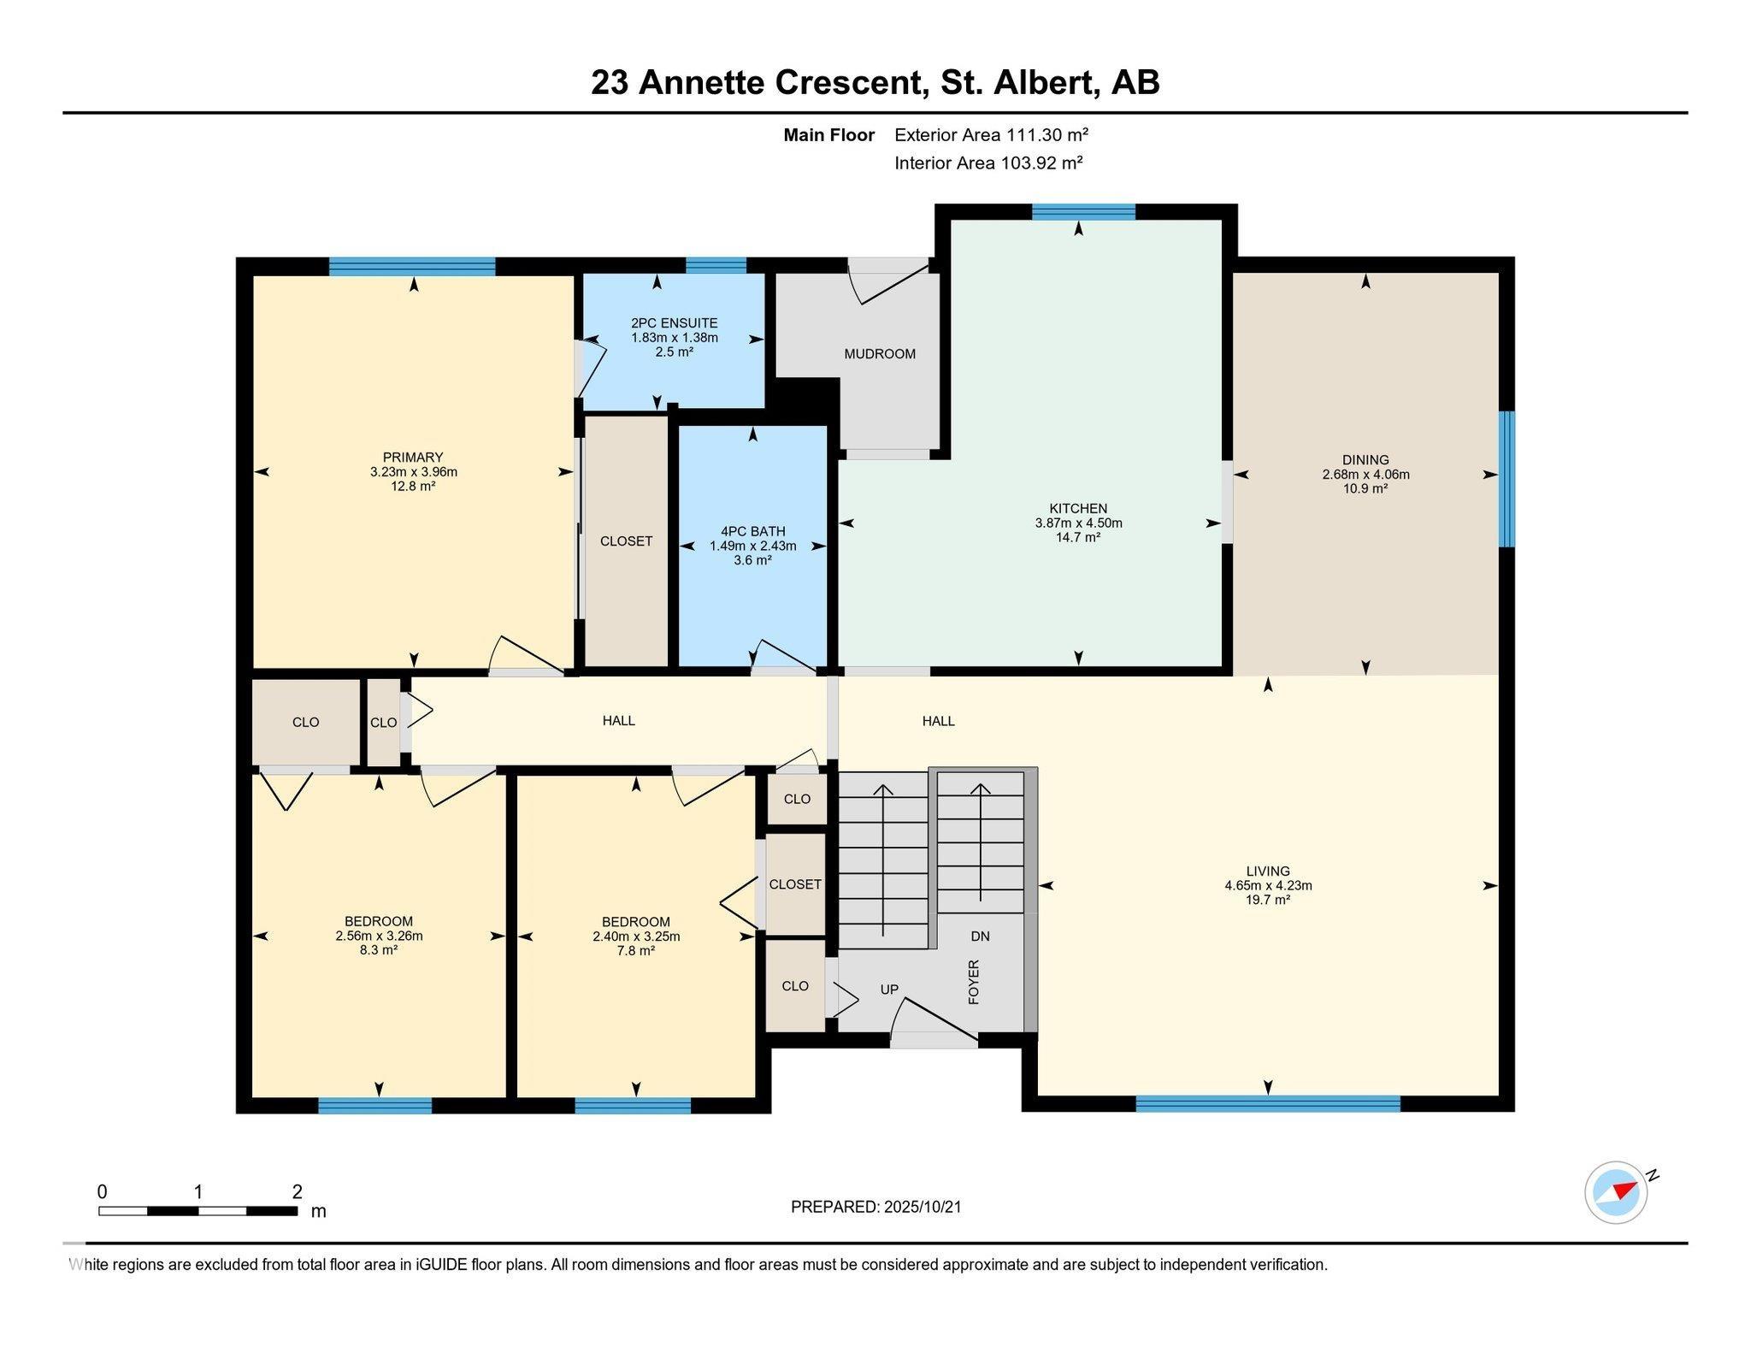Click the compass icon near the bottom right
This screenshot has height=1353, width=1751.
(x=1615, y=1192)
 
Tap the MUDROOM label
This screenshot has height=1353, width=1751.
(x=880, y=354)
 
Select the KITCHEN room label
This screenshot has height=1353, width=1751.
(x=1078, y=509)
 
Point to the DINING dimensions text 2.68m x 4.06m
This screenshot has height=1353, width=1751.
(x=1365, y=475)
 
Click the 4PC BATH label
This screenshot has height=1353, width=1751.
(x=752, y=532)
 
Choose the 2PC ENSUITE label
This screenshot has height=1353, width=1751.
(x=674, y=323)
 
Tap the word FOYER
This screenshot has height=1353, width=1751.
(x=973, y=981)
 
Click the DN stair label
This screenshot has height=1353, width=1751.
(x=980, y=936)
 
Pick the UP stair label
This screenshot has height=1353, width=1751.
(x=889, y=990)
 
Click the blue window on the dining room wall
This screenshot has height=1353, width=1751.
(x=1506, y=479)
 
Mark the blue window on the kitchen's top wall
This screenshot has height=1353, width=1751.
(x=1083, y=212)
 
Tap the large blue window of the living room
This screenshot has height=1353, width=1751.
(x=1268, y=1104)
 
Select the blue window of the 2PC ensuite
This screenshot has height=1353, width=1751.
(x=716, y=265)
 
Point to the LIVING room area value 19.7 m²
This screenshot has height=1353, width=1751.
(x=1268, y=900)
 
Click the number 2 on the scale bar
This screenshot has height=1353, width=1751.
(x=297, y=1191)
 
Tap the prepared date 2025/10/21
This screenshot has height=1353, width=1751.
(x=923, y=1207)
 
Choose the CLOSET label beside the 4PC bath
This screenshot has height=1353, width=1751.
(x=626, y=541)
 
